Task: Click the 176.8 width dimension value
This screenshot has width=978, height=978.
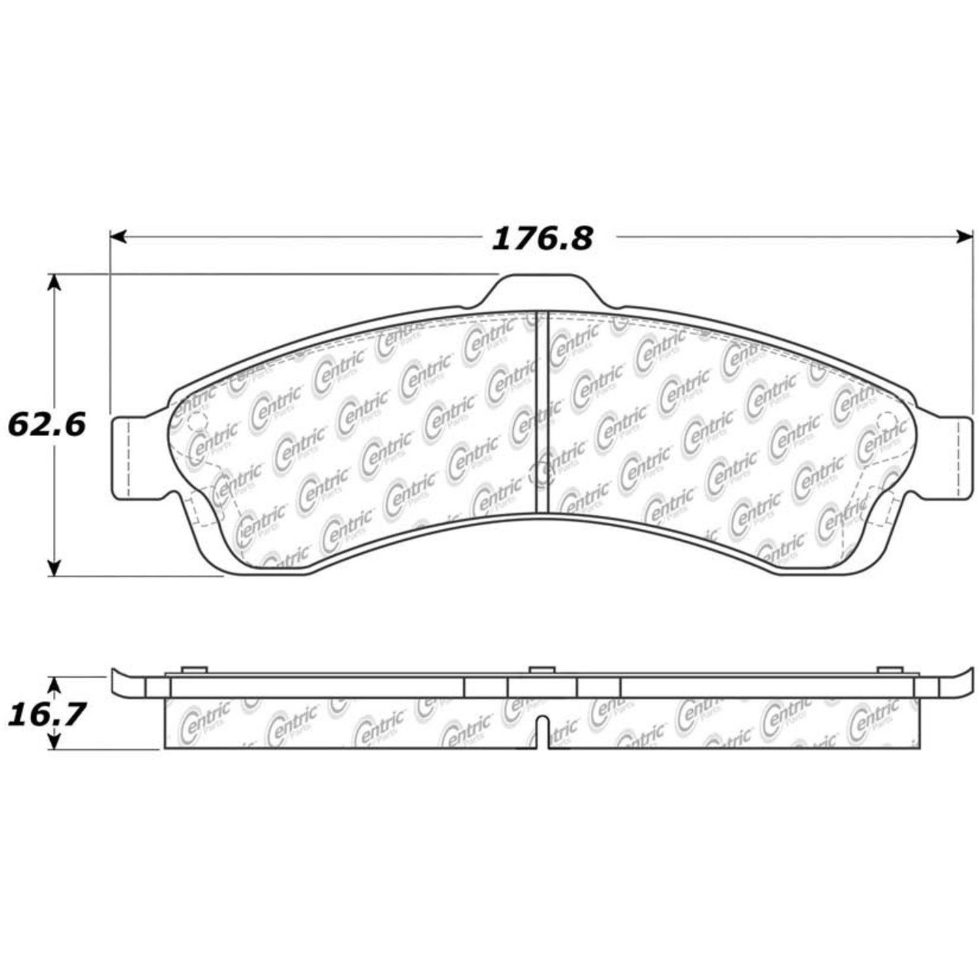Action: pyautogui.click(x=542, y=239)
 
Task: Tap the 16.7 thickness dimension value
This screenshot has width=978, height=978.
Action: pyautogui.click(x=47, y=715)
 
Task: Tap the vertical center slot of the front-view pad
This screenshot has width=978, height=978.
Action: pyautogui.click(x=542, y=411)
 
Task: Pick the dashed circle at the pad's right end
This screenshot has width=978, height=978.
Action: pyautogui.click(x=887, y=422)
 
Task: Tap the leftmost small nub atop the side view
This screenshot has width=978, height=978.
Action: pyautogui.click(x=192, y=670)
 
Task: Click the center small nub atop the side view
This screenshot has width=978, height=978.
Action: pyautogui.click(x=541, y=670)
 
